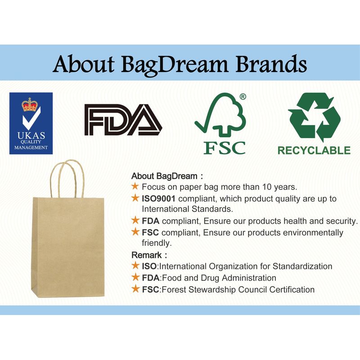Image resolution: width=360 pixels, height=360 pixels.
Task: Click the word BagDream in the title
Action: [175, 65]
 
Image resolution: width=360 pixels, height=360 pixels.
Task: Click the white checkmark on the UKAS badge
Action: [31, 118]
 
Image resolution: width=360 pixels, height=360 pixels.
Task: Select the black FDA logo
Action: [123, 120]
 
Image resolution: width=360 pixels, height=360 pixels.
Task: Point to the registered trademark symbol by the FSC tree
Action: [243, 97]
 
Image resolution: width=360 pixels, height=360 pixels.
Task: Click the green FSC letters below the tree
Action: [225, 148]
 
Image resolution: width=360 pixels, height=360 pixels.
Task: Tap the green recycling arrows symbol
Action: [314, 117]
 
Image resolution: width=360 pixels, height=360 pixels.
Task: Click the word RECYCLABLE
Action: [314, 151]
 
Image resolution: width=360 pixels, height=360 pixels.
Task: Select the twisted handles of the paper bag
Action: [67, 178]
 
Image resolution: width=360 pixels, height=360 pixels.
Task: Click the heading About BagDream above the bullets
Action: [164, 176]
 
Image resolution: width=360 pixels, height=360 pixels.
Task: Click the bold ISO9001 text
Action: [158, 198]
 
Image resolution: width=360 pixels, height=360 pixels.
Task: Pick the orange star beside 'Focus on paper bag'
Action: [135, 186]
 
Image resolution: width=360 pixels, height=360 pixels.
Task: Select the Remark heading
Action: [147, 255]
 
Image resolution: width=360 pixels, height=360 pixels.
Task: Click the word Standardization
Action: [302, 266]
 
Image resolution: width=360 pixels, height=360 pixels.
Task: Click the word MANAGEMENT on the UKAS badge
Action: [31, 148]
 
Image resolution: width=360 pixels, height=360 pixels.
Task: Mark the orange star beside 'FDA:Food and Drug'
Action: [135, 277]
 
